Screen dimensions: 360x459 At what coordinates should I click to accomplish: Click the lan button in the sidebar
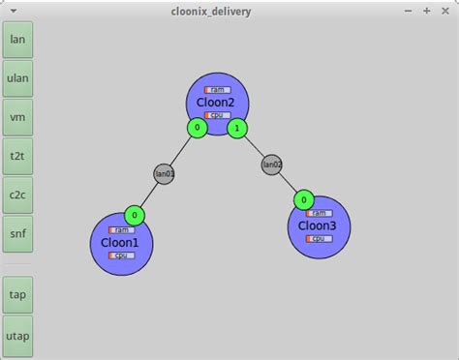[17, 39]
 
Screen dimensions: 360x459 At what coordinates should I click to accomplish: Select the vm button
[17, 117]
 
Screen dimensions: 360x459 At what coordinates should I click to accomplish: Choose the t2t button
[17, 156]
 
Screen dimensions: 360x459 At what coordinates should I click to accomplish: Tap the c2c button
[17, 195]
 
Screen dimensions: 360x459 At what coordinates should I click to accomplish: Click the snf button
[17, 233]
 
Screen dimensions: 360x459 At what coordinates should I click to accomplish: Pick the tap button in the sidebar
[17, 294]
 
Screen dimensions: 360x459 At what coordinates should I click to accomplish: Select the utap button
[17, 334]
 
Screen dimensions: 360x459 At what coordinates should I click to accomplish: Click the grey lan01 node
[165, 174]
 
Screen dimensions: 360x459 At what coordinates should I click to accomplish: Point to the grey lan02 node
[272, 165]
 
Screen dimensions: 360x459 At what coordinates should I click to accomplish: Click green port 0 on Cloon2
[198, 128]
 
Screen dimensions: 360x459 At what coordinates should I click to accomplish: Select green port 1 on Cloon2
[236, 128]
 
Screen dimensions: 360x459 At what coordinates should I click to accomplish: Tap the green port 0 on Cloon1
[135, 215]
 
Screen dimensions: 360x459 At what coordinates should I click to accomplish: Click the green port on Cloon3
[304, 199]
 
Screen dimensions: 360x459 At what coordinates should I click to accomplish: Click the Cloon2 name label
[217, 102]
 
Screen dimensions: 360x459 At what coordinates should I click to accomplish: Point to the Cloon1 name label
[120, 243]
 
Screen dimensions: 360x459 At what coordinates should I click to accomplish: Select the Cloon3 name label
[318, 225]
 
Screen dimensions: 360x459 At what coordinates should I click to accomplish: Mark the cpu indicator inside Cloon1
[121, 255]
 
